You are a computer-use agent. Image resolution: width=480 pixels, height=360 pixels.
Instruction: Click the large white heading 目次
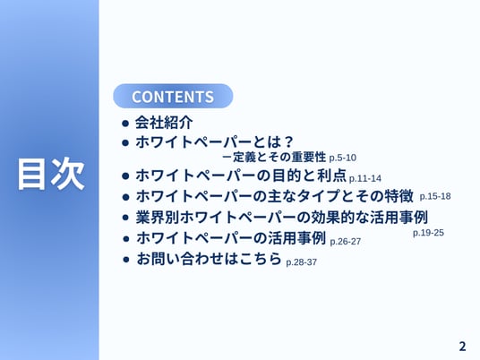51,174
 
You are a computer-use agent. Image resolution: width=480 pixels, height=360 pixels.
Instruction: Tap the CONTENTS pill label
173,96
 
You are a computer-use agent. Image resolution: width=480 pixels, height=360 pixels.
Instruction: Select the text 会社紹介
164,123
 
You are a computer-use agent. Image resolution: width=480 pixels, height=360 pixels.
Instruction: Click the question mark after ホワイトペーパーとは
287,141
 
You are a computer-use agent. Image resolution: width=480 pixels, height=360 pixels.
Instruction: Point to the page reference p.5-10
343,158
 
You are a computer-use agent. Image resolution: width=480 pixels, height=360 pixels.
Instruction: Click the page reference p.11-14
365,178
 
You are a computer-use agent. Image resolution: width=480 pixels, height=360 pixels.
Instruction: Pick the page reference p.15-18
435,196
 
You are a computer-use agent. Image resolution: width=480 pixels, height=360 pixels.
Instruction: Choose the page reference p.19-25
428,233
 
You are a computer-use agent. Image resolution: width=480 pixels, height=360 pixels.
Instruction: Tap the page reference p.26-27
346,242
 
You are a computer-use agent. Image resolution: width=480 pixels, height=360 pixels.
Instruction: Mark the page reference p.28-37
301,262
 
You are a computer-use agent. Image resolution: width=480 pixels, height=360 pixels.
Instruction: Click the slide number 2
462,347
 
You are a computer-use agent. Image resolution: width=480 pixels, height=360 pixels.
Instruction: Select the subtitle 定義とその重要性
279,157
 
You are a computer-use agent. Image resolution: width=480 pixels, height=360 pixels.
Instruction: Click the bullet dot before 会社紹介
125,124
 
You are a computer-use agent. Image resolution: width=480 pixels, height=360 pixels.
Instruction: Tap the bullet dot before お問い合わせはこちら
125,260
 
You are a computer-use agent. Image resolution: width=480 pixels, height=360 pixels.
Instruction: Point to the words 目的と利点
309,176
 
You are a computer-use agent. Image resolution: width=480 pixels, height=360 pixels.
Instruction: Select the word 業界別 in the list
158,217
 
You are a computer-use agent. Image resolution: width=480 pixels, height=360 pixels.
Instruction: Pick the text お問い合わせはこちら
209,259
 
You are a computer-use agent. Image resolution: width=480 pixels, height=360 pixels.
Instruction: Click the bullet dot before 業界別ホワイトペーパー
125,218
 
